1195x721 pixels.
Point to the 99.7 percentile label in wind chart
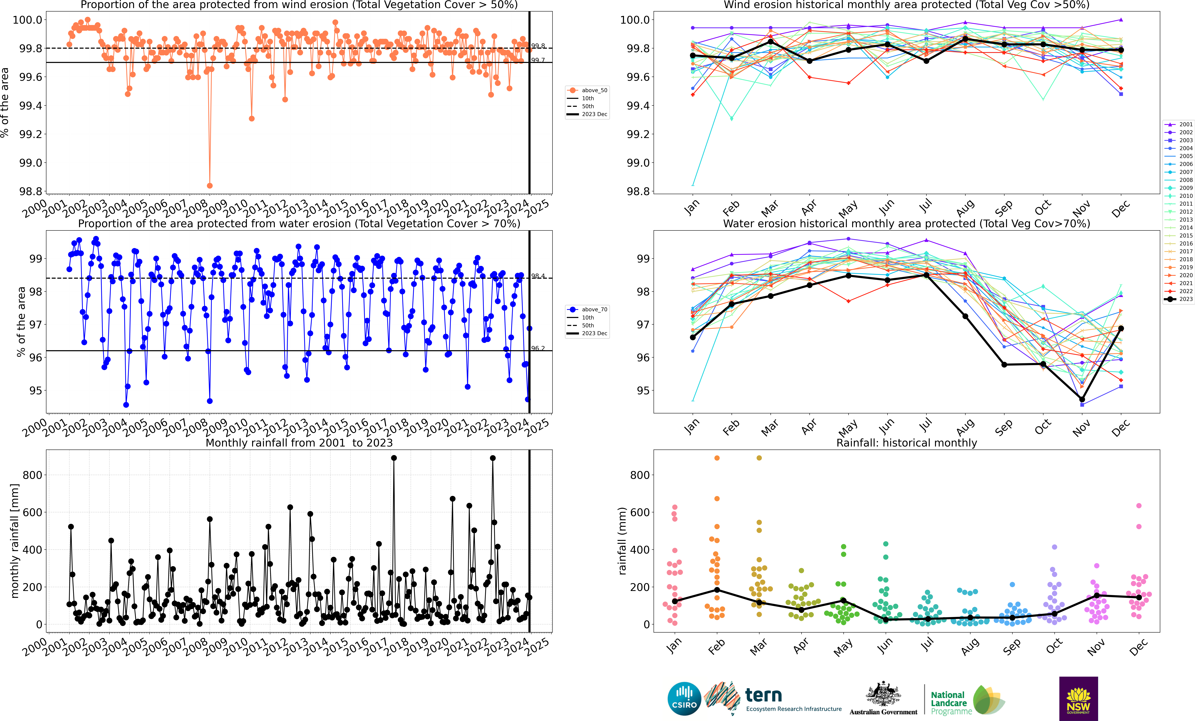tap(538, 60)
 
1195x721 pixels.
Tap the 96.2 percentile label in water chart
tap(538, 348)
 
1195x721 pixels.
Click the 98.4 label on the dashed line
tap(538, 276)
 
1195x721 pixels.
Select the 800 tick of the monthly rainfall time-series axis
tap(32, 475)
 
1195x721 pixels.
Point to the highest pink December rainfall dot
tap(1139, 506)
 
